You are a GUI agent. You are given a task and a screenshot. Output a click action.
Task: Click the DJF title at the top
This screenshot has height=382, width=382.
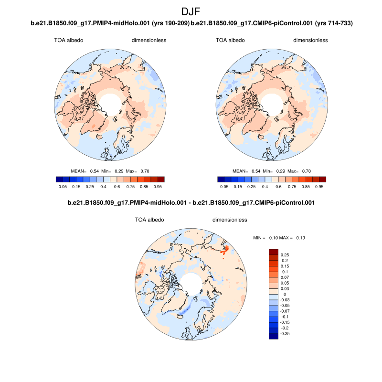(x=191, y=11)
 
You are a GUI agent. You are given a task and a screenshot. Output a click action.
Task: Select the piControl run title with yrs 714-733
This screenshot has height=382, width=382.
(x=272, y=23)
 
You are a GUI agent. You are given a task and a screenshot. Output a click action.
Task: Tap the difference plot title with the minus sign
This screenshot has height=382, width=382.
(x=191, y=203)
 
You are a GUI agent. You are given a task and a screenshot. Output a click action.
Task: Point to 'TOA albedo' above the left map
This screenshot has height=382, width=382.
(x=68, y=40)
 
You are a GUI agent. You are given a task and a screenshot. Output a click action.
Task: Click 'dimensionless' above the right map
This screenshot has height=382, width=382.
(x=310, y=40)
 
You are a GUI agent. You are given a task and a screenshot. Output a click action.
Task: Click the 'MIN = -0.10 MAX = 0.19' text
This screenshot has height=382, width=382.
(x=278, y=237)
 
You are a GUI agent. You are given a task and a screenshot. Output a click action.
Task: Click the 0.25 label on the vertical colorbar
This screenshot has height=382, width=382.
(x=285, y=255)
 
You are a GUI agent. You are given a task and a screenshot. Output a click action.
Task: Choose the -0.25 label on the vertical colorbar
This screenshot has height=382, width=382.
(x=286, y=334)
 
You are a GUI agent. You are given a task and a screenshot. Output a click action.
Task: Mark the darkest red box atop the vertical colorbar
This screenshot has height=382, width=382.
(x=273, y=252)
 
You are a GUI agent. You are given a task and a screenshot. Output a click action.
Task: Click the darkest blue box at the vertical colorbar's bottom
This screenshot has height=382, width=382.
(x=273, y=337)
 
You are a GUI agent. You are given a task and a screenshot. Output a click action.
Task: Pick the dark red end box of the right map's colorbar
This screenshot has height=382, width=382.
(x=323, y=180)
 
